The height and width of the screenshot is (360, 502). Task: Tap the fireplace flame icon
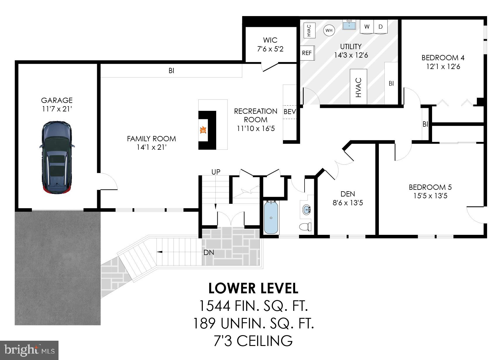click(202, 130)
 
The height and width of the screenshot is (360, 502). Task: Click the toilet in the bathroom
click(305, 227)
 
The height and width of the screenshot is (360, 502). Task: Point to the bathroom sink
click(307, 210)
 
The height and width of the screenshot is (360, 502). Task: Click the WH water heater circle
click(329, 30)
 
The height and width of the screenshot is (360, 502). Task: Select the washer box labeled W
click(367, 27)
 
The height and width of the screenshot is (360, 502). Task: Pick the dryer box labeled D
click(381, 27)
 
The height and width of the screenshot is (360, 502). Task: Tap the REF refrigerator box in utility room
click(307, 53)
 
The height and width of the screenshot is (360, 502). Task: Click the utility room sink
click(349, 25)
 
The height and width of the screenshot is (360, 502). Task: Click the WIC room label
click(270, 40)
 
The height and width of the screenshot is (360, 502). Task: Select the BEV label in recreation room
click(290, 111)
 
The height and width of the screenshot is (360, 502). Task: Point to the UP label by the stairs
click(216, 172)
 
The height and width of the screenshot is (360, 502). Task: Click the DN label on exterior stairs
click(209, 252)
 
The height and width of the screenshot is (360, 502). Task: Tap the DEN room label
click(348, 194)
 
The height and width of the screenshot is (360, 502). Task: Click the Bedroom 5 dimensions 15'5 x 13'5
click(430, 196)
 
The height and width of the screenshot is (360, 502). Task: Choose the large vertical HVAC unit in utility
click(359, 87)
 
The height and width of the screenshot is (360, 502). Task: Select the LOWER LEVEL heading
click(253, 288)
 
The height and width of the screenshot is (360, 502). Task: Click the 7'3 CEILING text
click(253, 341)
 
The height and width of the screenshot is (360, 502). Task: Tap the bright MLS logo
click(29, 350)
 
